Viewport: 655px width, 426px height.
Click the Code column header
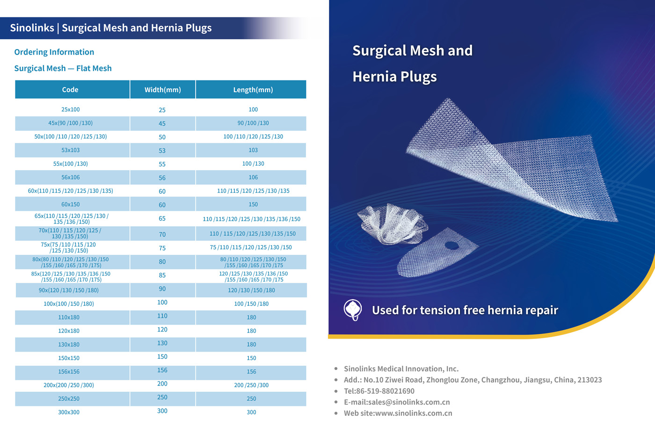(70, 90)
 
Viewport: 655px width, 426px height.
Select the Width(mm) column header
(162, 90)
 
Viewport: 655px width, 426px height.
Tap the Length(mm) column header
(253, 90)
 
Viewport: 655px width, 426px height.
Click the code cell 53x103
(70, 150)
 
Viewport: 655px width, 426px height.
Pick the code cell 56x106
(70, 177)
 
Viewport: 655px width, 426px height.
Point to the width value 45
(162, 123)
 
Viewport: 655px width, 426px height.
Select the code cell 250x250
(69, 399)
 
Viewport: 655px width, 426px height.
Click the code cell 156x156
(69, 372)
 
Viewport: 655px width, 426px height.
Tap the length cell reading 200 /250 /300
(251, 385)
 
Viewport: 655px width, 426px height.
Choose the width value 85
(162, 275)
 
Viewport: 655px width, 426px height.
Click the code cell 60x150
(70, 204)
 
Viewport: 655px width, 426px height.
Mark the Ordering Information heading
(54, 52)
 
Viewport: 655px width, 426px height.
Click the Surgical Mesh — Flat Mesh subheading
(63, 68)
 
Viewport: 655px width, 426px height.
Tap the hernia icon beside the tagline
(353, 310)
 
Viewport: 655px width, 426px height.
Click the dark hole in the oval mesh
(451, 245)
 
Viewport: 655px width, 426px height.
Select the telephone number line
(379, 391)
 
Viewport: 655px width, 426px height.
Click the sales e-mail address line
(397, 402)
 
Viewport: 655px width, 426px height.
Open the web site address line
(398, 413)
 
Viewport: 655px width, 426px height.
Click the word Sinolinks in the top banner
(32, 28)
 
